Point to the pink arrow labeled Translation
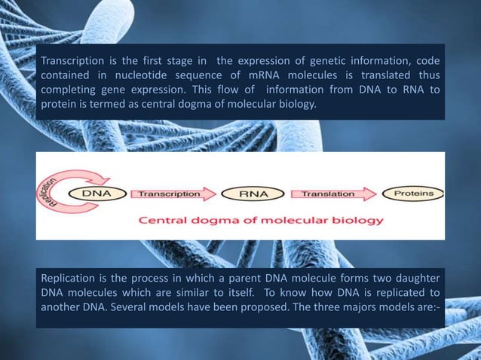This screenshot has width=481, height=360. (x=332, y=194)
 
